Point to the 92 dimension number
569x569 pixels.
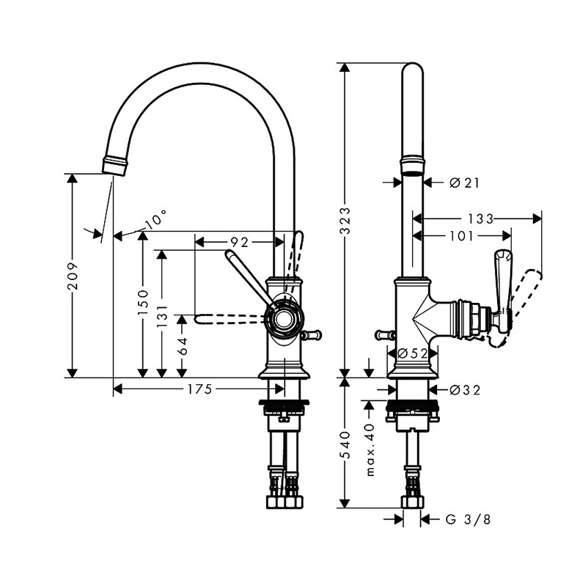click(240, 241)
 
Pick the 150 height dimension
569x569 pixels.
click(144, 302)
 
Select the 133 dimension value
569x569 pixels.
click(480, 219)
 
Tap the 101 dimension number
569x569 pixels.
click(461, 236)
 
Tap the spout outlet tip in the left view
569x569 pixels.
click(114, 164)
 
